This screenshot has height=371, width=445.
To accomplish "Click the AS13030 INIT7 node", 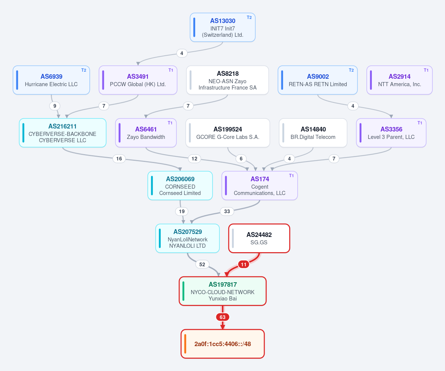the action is click(x=223, y=27).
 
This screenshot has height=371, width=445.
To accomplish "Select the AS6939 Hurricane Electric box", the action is click(x=51, y=80).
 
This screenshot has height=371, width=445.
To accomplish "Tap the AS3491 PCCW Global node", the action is click(x=138, y=80).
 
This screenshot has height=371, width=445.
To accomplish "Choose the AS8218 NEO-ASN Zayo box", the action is click(x=228, y=80).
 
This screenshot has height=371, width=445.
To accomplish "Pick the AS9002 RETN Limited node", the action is click(x=318, y=80).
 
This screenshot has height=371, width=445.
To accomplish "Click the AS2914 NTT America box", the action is click(x=400, y=80).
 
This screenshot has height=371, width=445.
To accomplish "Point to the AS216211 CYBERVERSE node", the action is click(x=63, y=133).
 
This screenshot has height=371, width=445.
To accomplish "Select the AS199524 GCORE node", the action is click(x=228, y=133).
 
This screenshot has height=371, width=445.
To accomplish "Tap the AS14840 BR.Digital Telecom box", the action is click(x=313, y=133).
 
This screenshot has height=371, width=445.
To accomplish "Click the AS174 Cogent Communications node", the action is click(x=260, y=186).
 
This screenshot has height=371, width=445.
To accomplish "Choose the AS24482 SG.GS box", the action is click(x=259, y=238).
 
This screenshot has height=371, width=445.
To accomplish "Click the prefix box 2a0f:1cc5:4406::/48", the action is click(x=223, y=344).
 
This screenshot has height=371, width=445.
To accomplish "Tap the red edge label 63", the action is click(x=223, y=317).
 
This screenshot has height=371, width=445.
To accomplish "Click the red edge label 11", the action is click(x=243, y=264).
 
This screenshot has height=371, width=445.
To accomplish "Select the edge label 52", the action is click(x=202, y=264).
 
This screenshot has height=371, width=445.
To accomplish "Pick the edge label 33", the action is click(x=227, y=211).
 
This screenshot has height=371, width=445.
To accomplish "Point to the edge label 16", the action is click(x=119, y=159).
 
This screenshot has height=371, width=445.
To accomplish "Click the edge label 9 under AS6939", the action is click(x=55, y=106).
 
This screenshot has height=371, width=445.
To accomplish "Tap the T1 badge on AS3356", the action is click(x=420, y=123).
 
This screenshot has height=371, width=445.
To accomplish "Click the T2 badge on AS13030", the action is click(x=249, y=17).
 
